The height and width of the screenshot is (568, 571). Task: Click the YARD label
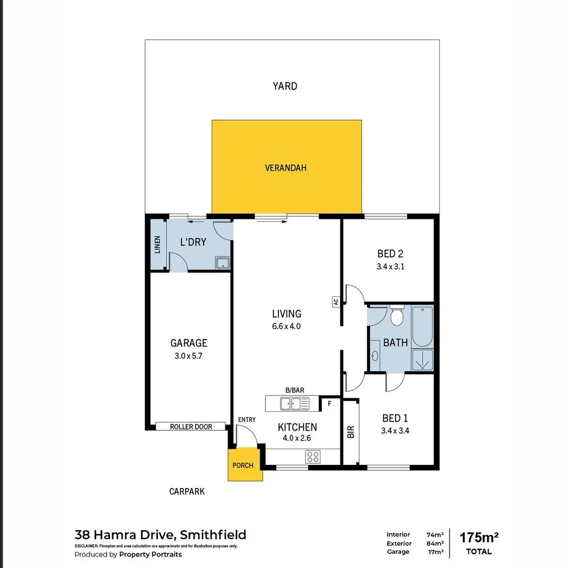285,86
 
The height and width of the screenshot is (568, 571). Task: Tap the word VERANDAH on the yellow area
285,168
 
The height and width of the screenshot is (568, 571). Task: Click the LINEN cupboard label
157,245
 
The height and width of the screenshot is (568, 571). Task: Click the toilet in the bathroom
397,317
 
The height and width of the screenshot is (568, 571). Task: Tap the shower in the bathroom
422,360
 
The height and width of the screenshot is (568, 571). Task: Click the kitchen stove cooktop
313,457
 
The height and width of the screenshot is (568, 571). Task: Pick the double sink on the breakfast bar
294,403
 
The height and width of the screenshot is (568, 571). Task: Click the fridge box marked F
329,404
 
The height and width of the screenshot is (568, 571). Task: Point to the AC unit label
335,302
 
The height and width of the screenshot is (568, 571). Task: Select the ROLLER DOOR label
191,427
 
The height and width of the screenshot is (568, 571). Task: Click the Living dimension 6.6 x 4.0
286,326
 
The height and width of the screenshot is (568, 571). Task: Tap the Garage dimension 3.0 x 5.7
188,356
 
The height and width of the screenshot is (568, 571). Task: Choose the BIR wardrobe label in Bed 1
351,432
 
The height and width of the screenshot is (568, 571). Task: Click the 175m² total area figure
479,537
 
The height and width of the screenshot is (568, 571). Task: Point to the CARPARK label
187,491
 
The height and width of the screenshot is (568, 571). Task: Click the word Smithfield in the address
213,535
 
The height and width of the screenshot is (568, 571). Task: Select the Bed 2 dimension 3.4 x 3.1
390,267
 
